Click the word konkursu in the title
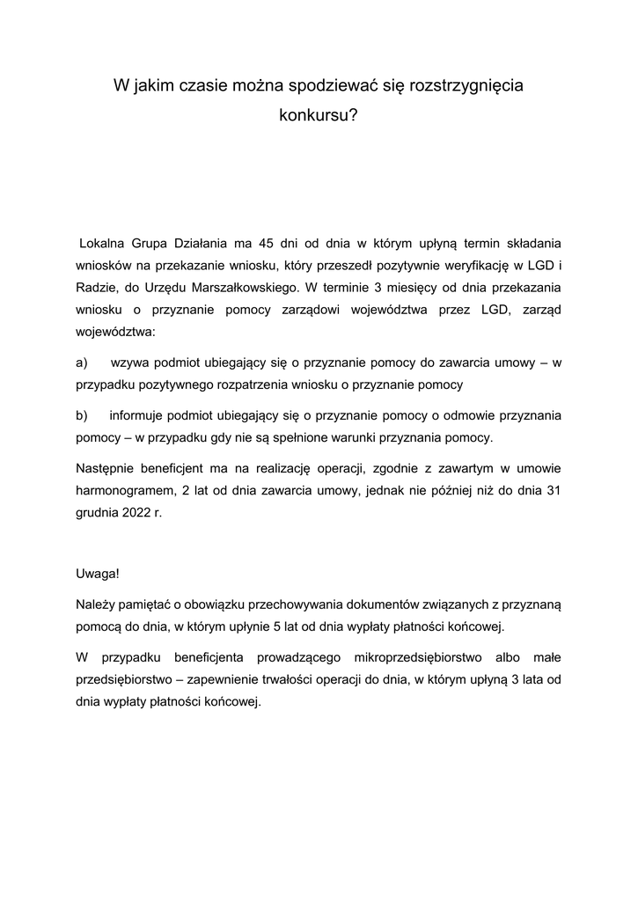pyautogui.click(x=319, y=114)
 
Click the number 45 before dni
pyautogui.click(x=268, y=241)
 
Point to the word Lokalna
pyautogui.click(x=106, y=241)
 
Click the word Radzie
pyautogui.click(x=95, y=287)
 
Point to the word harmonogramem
pyautogui.click(x=121, y=490)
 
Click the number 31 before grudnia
pyautogui.click(x=554, y=490)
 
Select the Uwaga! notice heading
pyautogui.click(x=97, y=574)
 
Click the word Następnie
pyautogui.click(x=106, y=467)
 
